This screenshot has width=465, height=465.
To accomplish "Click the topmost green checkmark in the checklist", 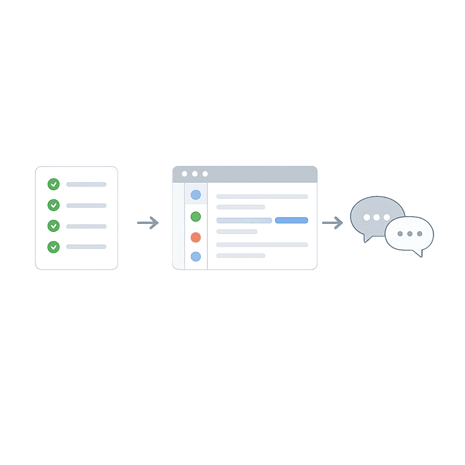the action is (x=54, y=184).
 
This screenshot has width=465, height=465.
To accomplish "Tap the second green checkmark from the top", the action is (x=54, y=205).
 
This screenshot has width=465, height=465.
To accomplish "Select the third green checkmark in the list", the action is (x=54, y=226).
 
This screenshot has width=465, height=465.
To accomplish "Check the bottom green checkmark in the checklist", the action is (x=54, y=247).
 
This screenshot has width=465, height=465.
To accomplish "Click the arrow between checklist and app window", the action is (x=148, y=223).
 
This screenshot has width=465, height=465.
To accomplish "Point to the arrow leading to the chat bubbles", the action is (x=332, y=223).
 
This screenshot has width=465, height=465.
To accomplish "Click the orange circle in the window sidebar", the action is (x=196, y=237).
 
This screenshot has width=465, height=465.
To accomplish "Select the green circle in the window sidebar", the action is (x=196, y=217).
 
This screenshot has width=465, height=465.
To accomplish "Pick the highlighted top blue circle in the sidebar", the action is (x=196, y=195).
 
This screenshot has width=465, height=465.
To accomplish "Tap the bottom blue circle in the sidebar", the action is (x=196, y=256).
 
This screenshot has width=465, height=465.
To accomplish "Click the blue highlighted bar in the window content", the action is (x=292, y=220).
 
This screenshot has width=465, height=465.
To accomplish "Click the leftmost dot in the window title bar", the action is (x=184, y=174).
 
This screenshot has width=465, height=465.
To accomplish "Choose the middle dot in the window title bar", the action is (x=195, y=174).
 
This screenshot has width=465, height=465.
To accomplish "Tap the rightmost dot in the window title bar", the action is (x=205, y=174).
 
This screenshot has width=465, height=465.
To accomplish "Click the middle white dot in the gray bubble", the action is (x=376, y=217).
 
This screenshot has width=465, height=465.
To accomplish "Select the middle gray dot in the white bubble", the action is (x=410, y=233).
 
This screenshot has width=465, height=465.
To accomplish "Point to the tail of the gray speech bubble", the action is (x=367, y=238).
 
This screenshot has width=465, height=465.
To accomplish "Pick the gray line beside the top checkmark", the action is (x=86, y=184).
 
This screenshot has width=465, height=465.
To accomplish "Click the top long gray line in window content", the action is (x=262, y=197).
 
